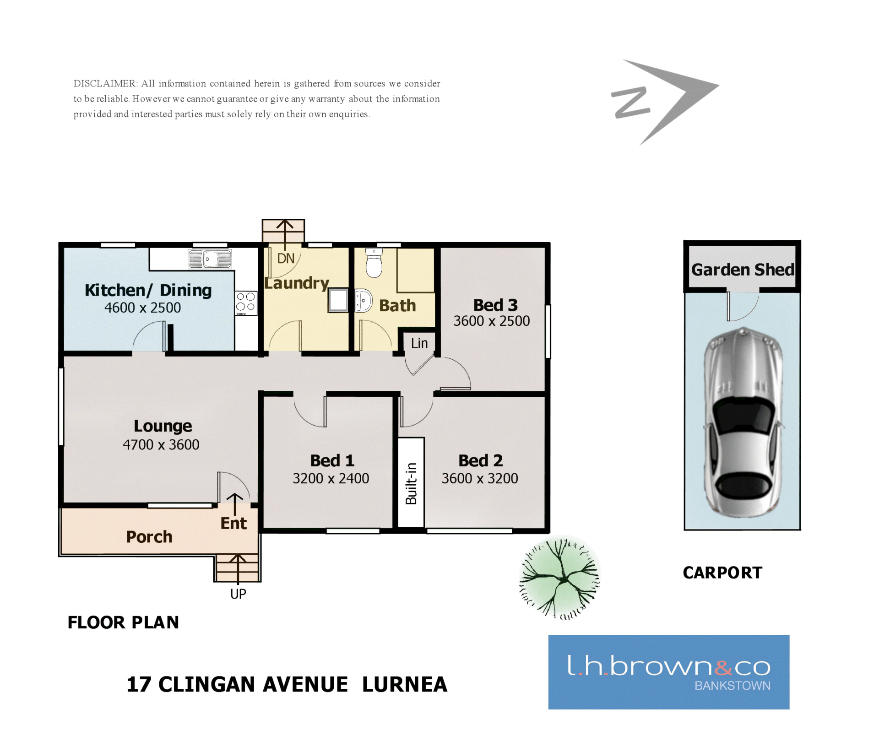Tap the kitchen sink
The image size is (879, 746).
pyautogui.click(x=210, y=259)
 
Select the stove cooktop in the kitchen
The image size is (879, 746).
pyautogui.click(x=246, y=303)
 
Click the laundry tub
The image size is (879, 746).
pyautogui.click(x=338, y=300)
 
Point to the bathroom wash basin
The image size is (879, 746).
pyautogui.click(x=364, y=300)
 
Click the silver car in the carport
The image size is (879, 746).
pyautogui.click(x=743, y=422)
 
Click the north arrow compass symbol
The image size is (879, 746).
pyautogui.click(x=665, y=102)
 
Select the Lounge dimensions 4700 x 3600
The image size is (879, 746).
pyautogui.click(x=161, y=444)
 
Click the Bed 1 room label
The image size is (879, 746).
pyautogui.click(x=332, y=460)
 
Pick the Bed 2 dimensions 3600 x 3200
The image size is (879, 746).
pyautogui.click(x=480, y=478)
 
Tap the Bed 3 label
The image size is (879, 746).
pyautogui.click(x=495, y=305)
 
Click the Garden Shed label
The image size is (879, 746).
pyautogui.click(x=743, y=270)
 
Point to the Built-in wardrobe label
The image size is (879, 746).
pyautogui.click(x=412, y=483)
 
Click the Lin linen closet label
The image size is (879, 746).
pyautogui.click(x=419, y=343)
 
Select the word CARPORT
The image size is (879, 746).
pyautogui.click(x=722, y=573)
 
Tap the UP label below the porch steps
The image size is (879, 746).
pyautogui.click(x=238, y=594)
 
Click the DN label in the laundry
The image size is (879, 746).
pyautogui.click(x=286, y=259)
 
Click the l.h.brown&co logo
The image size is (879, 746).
pyautogui.click(x=669, y=672)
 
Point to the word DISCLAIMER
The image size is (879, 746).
pyautogui.click(x=105, y=83)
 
